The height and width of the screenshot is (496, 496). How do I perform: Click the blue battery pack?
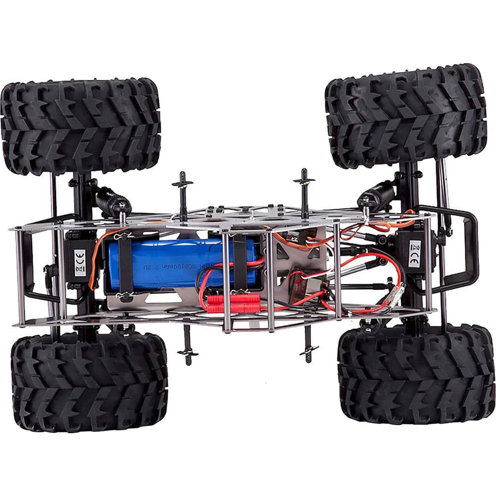coord(184,263)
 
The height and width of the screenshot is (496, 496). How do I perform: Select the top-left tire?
coord(80,126)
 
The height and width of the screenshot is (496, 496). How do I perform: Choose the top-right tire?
coord(406,117)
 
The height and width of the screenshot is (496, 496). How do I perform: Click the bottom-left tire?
coord(89,382)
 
